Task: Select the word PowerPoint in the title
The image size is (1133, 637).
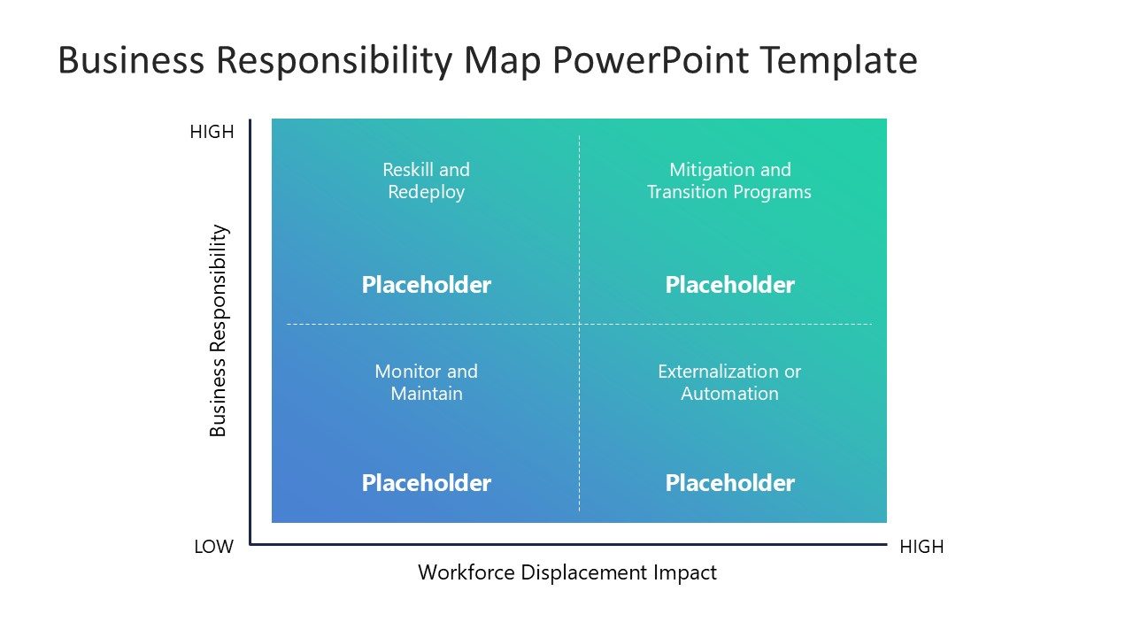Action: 651,61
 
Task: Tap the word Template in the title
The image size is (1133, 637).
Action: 838,61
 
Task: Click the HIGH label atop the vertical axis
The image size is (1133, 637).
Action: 212,132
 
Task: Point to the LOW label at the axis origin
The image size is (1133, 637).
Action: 213,547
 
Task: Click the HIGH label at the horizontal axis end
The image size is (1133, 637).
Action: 921,547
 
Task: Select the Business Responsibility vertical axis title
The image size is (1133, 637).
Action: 219,331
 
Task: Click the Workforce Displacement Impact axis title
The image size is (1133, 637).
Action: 567,572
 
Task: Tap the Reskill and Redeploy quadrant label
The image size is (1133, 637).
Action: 427,180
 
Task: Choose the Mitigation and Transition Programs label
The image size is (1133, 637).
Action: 729,180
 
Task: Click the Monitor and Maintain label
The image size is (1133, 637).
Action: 427,382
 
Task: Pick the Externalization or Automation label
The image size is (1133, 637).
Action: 729,382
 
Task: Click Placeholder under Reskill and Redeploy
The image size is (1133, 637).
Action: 427,285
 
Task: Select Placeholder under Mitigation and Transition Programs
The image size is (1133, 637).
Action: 729,285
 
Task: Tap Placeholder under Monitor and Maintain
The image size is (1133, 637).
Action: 427,483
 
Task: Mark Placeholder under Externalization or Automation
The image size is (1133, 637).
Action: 729,483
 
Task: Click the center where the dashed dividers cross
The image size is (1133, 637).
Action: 580,324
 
